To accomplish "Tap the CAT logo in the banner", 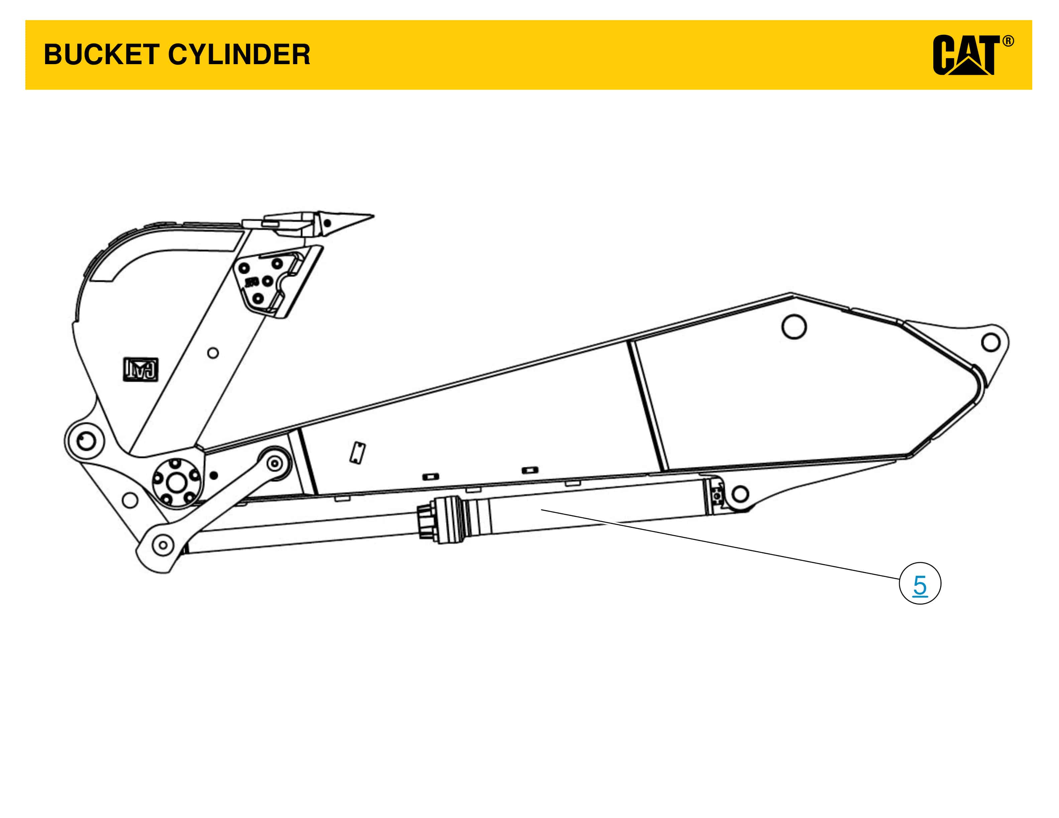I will pos(965,55).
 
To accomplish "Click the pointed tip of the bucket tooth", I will pos(371,215).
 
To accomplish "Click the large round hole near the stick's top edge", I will pos(794,326).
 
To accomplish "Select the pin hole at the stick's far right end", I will pos(990,343).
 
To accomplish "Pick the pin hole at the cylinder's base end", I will pos(739,494).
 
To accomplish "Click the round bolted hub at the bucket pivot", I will pos(176,482).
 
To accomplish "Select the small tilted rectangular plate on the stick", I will pos(358,453).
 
